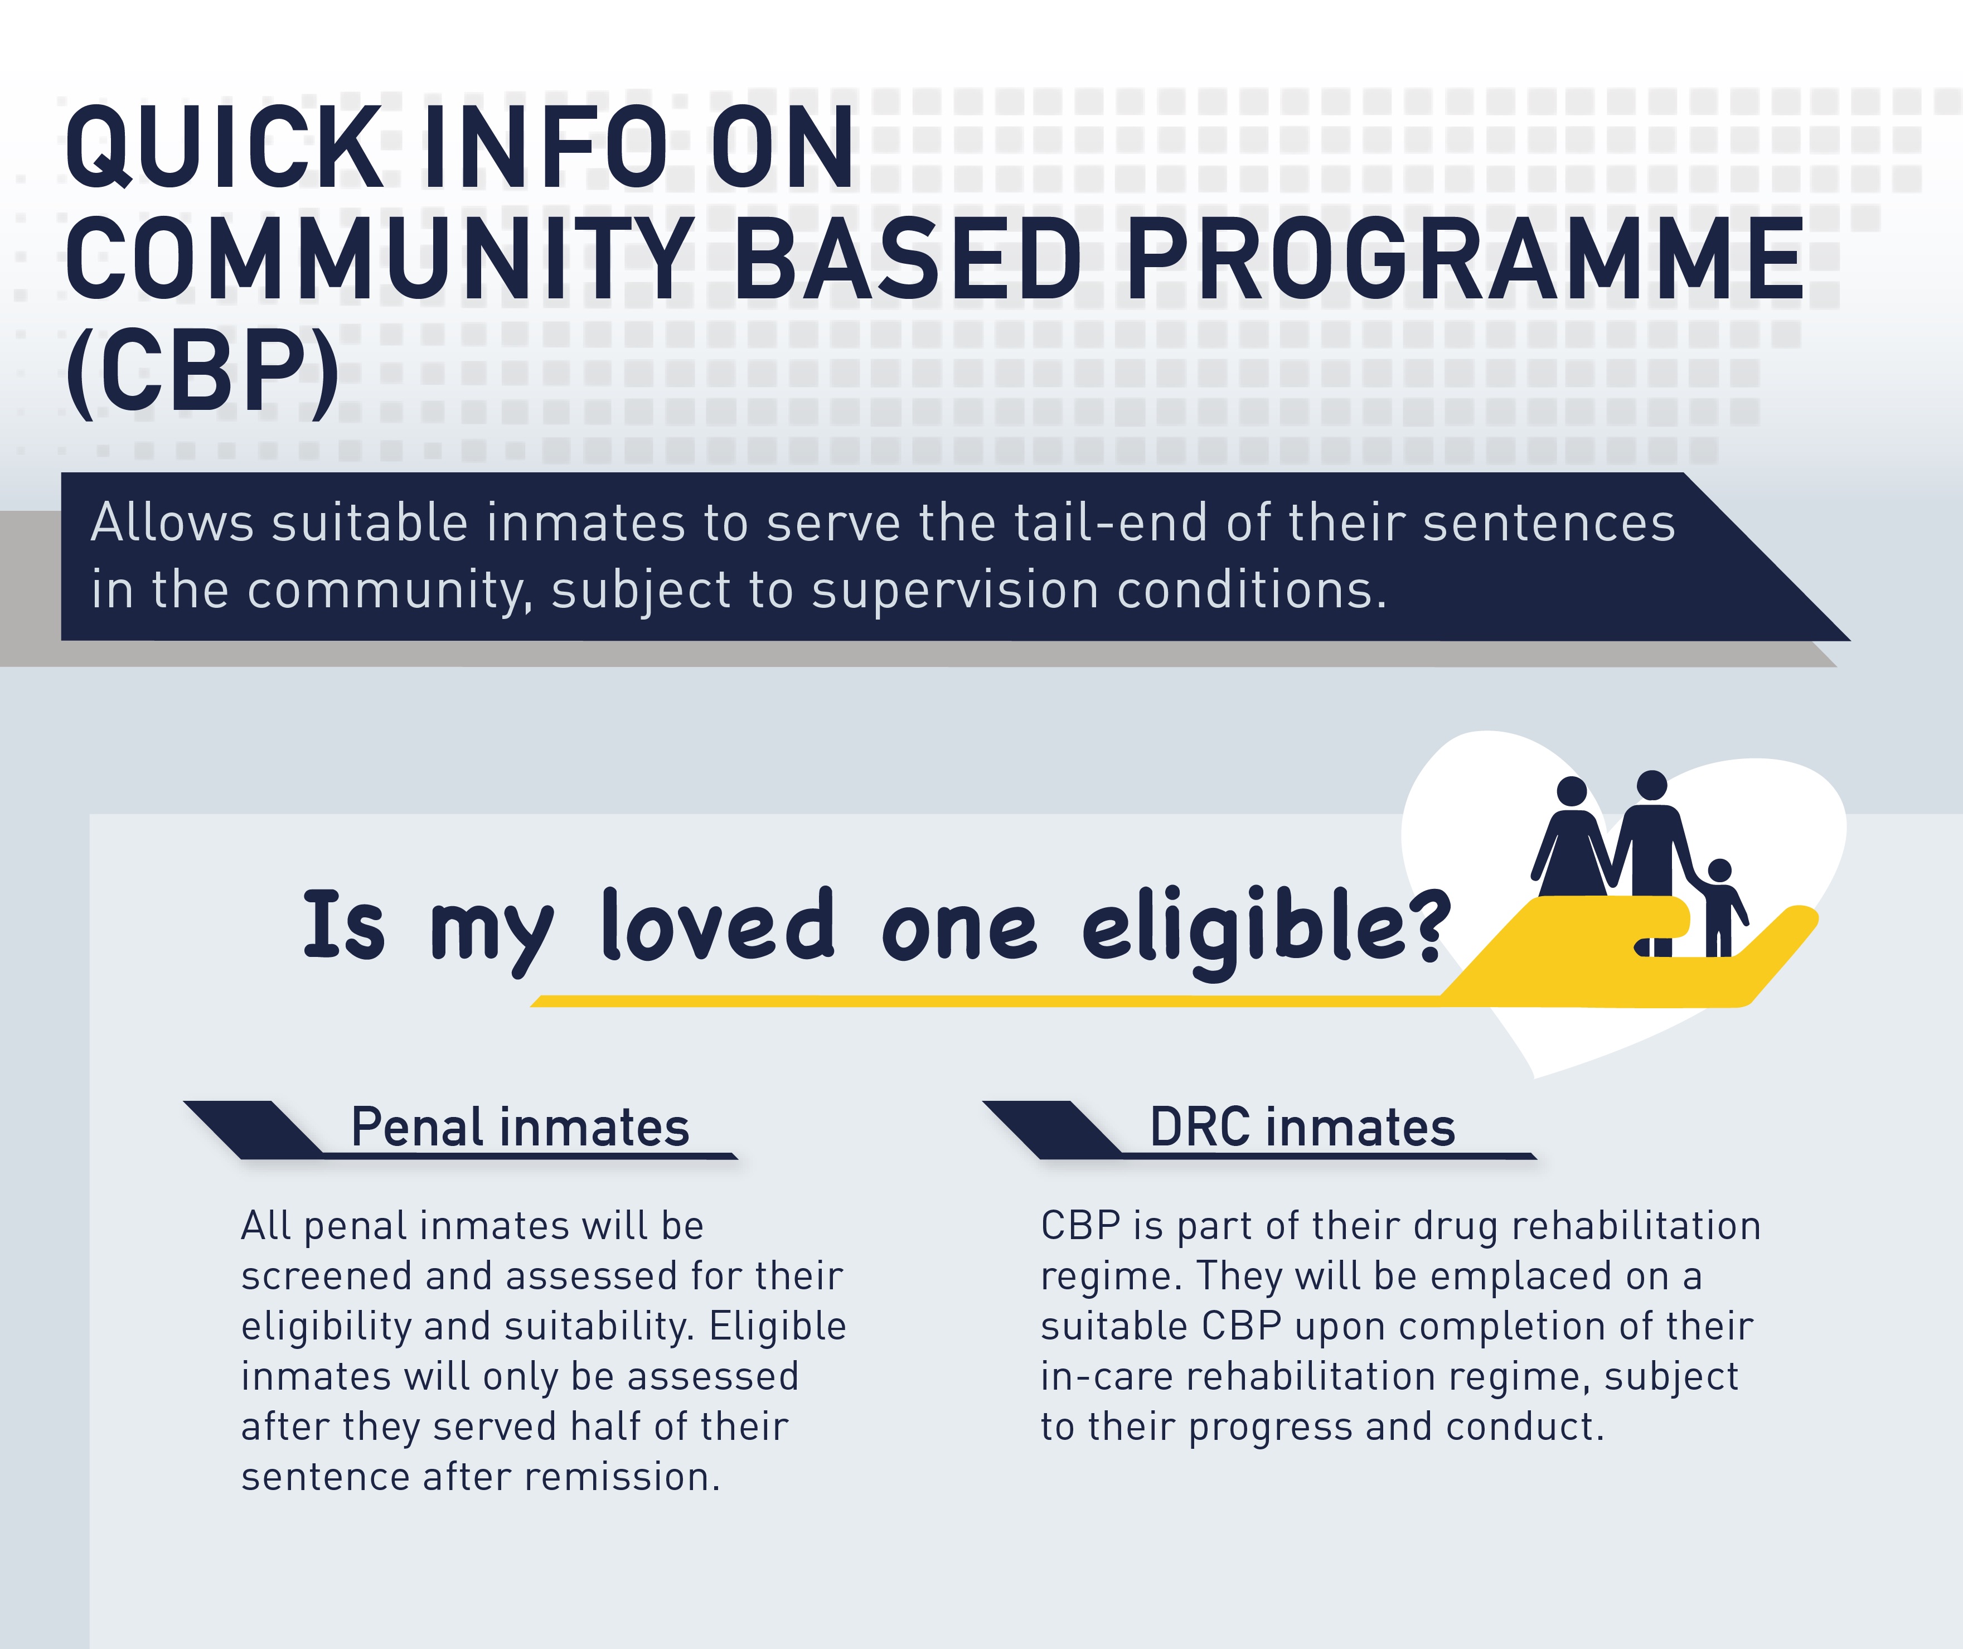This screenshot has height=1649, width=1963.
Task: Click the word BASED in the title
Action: [908, 258]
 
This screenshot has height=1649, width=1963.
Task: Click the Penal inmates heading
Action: [520, 1128]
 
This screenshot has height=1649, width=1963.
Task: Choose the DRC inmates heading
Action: [1302, 1128]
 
